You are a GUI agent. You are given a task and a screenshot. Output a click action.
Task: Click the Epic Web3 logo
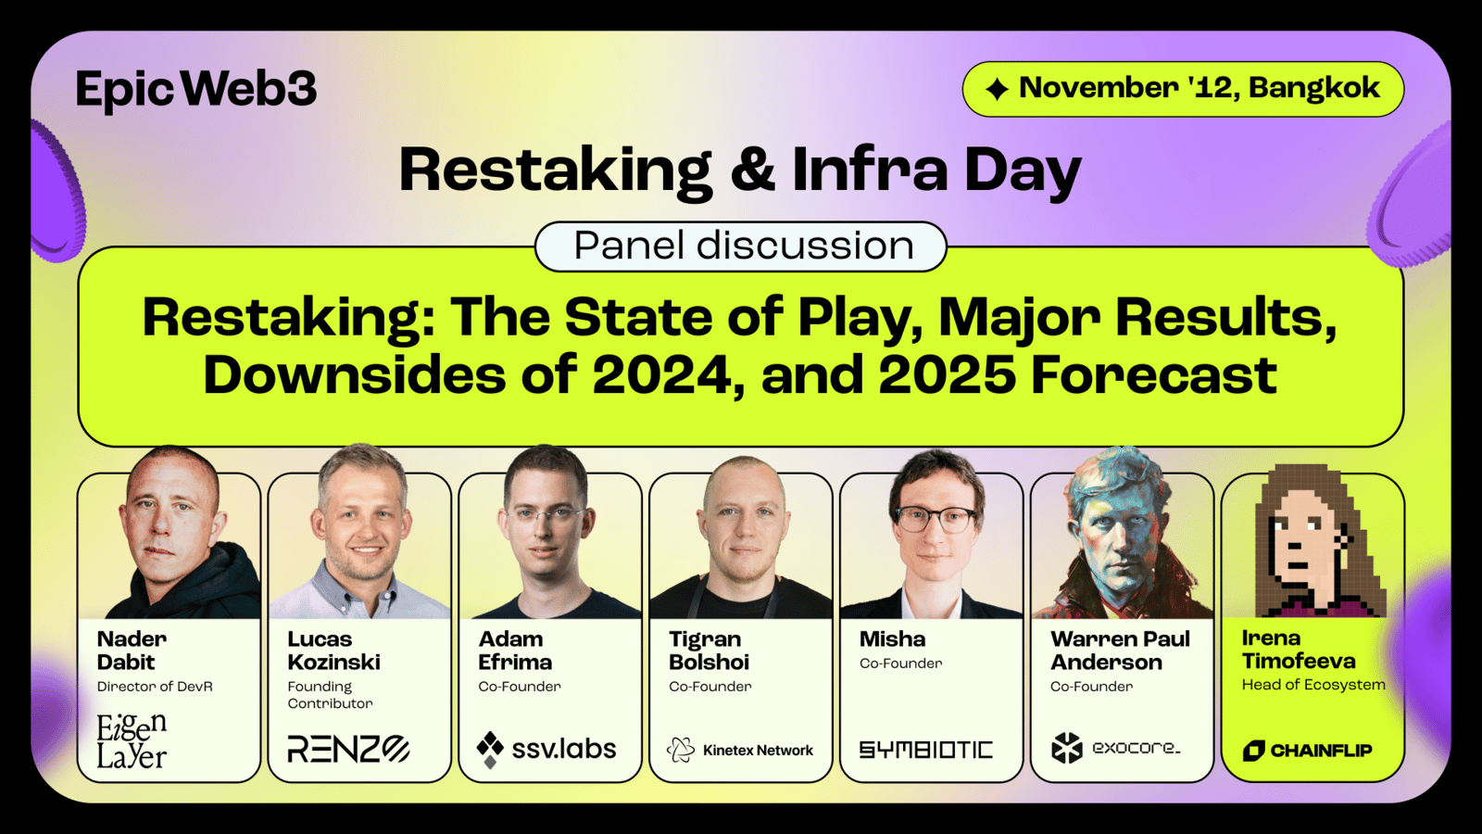click(196, 89)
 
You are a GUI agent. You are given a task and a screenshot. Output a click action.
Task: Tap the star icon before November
click(997, 89)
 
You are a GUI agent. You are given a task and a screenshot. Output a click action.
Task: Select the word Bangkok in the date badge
click(1314, 87)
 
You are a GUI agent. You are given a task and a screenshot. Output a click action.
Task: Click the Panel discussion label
click(741, 246)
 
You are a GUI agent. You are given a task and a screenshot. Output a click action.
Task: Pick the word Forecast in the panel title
click(1154, 374)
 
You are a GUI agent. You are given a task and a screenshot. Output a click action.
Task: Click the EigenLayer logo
click(132, 741)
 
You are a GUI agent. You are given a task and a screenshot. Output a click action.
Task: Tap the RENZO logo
click(348, 750)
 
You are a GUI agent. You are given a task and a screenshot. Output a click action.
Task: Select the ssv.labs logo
click(546, 750)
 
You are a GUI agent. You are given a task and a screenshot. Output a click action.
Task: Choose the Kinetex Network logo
click(740, 750)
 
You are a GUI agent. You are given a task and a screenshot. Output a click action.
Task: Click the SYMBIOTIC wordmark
click(926, 750)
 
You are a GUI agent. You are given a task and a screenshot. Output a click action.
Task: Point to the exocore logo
click(1115, 748)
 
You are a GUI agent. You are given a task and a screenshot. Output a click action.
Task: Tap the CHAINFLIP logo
click(1307, 751)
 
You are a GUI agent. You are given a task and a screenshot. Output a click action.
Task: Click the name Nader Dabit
click(132, 650)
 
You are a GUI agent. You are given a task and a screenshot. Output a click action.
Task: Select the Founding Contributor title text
click(330, 695)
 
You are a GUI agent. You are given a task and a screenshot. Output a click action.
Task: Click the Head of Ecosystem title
click(1313, 685)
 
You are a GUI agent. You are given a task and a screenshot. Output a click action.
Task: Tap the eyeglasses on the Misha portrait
click(936, 519)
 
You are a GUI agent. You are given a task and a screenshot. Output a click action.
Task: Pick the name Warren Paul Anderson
click(1120, 650)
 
